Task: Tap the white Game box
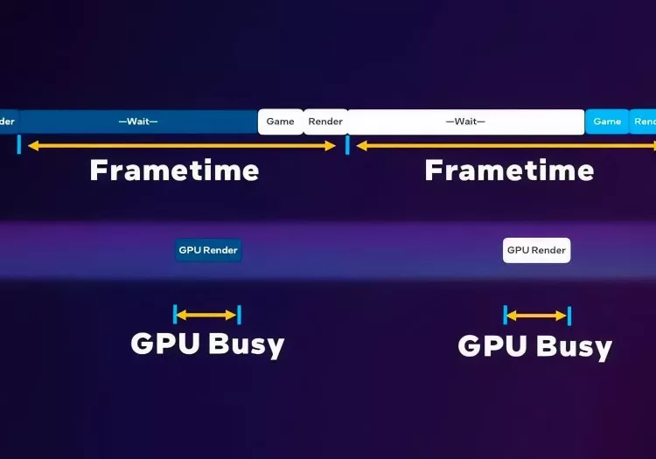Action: point(280,122)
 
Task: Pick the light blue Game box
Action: point(607,122)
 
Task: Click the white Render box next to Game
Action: point(325,122)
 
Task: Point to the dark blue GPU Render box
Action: point(208,250)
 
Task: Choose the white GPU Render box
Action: point(537,250)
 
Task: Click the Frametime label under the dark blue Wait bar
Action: point(174,170)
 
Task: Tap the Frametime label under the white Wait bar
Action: point(509,170)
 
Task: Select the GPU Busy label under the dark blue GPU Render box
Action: point(207,344)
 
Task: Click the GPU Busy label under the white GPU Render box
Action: point(534,346)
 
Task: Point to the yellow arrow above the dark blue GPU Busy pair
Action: point(206,315)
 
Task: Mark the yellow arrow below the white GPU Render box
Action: point(537,316)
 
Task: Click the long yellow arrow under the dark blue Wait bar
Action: point(182,146)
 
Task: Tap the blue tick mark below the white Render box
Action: point(347,145)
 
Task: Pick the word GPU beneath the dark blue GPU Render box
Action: point(165,344)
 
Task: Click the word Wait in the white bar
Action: point(465,122)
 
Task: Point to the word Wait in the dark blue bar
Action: point(138,122)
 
